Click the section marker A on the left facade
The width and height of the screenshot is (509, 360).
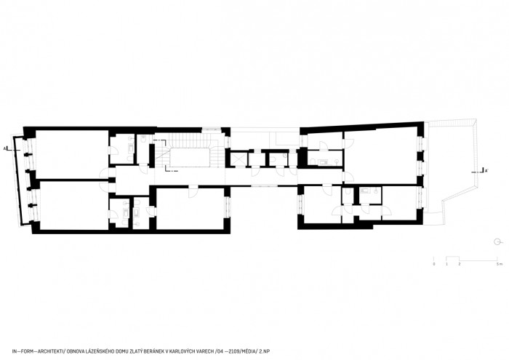[x=6, y=148]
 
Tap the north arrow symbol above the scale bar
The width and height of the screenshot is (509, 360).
[x=497, y=241]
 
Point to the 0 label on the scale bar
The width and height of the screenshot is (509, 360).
[x=434, y=264]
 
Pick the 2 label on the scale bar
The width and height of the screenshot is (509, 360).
[x=460, y=264]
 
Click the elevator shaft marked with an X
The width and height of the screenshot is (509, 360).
[x=236, y=158]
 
